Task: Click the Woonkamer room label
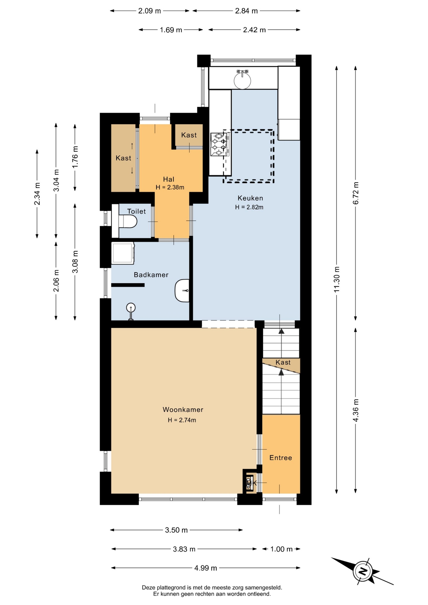(183, 410)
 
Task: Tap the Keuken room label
(250, 198)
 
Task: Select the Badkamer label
(151, 275)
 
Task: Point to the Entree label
(281, 458)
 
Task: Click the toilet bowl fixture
(128, 221)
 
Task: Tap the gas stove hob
(220, 144)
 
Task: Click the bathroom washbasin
(182, 291)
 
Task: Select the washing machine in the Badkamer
(123, 253)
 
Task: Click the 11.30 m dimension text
(337, 279)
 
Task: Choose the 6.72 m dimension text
(356, 193)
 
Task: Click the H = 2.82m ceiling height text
(249, 207)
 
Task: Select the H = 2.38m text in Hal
(170, 187)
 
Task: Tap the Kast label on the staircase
(283, 363)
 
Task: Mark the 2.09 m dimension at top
(149, 11)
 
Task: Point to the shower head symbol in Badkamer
(131, 311)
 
